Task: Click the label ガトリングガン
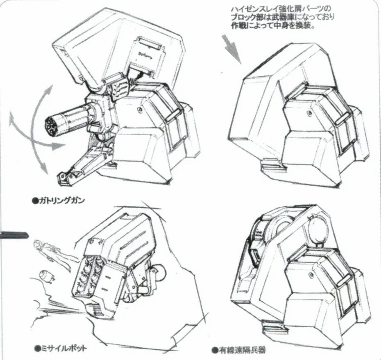(61, 201)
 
